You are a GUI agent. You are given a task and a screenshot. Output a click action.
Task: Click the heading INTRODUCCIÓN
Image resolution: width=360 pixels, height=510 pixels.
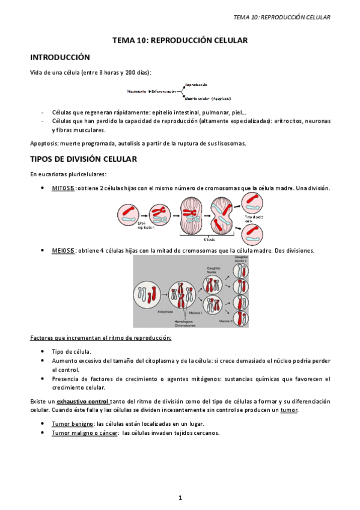[60, 58]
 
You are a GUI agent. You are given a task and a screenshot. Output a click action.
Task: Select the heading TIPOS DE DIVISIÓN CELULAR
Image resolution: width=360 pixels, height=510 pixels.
[84, 160]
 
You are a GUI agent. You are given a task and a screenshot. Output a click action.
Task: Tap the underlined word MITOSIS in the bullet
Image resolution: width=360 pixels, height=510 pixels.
[63, 188]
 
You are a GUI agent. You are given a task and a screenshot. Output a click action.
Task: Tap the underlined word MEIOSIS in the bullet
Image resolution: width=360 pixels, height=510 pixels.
[63, 250]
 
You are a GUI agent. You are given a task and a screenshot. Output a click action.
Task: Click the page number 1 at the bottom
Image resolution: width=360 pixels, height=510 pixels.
[180, 497]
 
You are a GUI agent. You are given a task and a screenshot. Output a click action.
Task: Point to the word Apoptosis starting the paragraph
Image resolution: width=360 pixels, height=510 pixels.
[43, 144]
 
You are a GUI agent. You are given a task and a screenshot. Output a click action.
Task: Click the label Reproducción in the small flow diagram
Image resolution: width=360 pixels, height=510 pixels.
[197, 85]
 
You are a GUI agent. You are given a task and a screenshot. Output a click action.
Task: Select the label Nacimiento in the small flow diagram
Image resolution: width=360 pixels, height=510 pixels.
[137, 91]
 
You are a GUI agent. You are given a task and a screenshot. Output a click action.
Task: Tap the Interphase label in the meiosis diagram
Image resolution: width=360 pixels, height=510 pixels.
[166, 312]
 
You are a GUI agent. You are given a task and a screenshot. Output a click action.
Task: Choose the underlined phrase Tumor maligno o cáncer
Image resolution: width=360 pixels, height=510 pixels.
[84, 432]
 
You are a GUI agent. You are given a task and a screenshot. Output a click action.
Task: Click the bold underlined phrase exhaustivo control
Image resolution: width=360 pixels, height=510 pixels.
[83, 401]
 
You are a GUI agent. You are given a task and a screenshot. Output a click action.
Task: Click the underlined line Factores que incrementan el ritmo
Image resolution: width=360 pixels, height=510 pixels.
[101, 337]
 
